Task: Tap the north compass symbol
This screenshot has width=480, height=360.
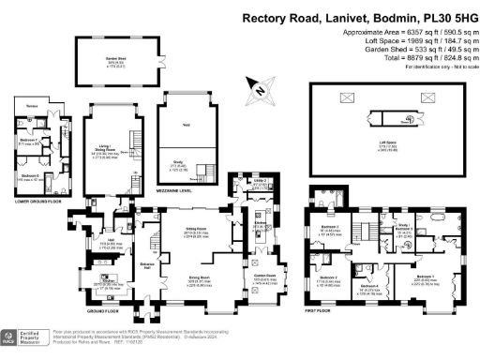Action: [256, 89]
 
